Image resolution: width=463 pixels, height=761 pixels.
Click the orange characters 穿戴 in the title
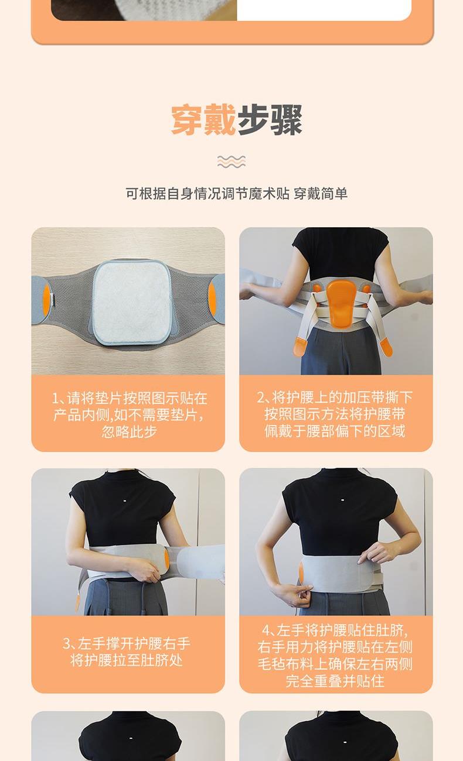pyautogui.click(x=203, y=119)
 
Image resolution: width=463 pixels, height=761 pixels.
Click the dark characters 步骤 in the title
pyautogui.click(x=269, y=119)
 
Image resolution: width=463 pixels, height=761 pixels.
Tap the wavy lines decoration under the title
pyautogui.click(x=231, y=162)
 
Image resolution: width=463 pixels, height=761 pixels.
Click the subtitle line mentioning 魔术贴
pyautogui.click(x=236, y=194)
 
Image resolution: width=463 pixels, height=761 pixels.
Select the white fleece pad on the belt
pyautogui.click(x=132, y=302)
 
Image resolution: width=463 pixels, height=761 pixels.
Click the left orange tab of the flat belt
pyautogui.click(x=47, y=300)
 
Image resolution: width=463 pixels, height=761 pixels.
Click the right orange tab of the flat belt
pyautogui.click(x=212, y=299)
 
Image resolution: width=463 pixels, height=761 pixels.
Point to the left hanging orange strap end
pyautogui.click(x=299, y=347)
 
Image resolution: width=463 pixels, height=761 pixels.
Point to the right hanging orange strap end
pyautogui.click(x=386, y=347)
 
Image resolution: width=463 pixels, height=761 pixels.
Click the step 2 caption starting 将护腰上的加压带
pyautogui.click(x=335, y=414)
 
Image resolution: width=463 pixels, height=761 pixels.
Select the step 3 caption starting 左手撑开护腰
pyautogui.click(x=127, y=652)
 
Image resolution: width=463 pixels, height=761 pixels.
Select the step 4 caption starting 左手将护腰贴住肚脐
pyautogui.click(x=335, y=656)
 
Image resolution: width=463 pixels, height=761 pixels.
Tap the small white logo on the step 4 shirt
pyautogui.click(x=342, y=500)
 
